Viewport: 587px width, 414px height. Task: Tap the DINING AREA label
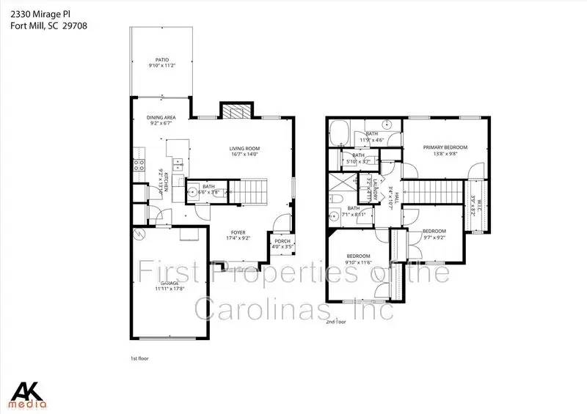[x=161, y=117]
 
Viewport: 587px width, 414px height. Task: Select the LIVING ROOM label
[x=246, y=148]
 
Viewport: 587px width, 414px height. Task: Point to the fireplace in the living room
[x=236, y=111]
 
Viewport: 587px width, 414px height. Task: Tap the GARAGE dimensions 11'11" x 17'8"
[x=168, y=289]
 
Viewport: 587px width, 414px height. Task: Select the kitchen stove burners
[x=137, y=166]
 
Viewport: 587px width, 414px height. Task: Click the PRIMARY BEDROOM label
[x=445, y=147]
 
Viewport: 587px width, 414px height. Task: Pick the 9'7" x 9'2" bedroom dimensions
[x=434, y=237]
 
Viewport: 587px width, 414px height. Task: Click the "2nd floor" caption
[x=336, y=321]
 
